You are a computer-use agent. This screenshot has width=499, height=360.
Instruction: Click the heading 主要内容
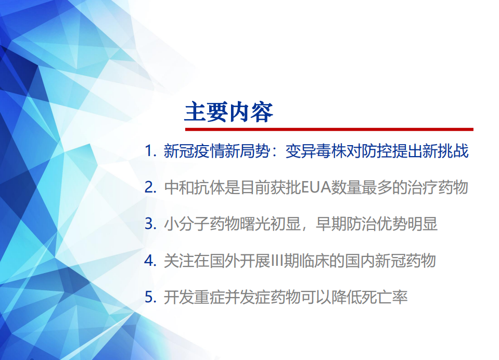(229, 112)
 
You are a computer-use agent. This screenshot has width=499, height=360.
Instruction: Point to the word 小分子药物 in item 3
(202, 224)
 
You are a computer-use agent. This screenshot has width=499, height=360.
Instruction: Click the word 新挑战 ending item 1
(447, 151)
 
